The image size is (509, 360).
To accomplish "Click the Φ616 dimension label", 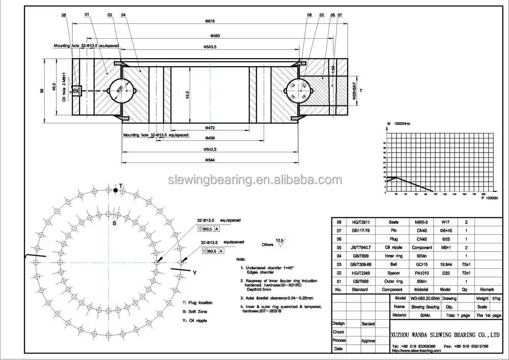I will point(210,21).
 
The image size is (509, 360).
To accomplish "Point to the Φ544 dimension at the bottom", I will point(210,160).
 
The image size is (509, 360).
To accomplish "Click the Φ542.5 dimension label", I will point(210,149).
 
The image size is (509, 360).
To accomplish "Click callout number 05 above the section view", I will point(64,15).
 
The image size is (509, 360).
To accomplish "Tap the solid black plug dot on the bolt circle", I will point(116,190).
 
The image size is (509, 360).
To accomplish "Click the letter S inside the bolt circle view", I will point(115,224).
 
